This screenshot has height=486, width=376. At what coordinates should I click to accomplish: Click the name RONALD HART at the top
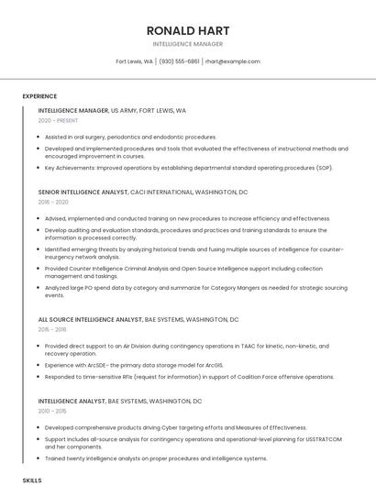point(187,30)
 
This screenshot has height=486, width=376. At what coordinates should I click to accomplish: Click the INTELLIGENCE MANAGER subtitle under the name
point(187,44)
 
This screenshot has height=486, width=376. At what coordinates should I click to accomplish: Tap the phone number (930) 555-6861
point(179,61)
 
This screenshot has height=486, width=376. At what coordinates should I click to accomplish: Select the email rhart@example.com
point(232,61)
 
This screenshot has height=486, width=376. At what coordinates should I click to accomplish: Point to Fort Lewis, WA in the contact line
point(134,61)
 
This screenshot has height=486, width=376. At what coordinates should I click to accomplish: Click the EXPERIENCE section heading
point(39,96)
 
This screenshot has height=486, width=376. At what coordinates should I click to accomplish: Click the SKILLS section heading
point(32,480)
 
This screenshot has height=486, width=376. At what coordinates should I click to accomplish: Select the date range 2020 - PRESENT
point(58,120)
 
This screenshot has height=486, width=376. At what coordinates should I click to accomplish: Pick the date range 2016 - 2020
point(53,202)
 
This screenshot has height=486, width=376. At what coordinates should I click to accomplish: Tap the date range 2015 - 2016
point(52,329)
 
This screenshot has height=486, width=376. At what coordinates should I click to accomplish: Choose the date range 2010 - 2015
point(52,411)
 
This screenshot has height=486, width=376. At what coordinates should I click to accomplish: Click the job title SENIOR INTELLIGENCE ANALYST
point(77,193)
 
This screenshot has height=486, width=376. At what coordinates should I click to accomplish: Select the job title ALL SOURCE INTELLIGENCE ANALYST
point(90,320)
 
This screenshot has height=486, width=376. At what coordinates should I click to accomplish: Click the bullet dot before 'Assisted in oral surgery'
point(39,137)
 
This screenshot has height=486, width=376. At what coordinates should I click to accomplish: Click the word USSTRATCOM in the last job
point(324,439)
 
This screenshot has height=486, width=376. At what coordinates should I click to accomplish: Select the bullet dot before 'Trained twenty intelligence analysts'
point(39,458)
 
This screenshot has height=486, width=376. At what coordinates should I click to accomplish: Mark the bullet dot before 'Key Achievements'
point(39,168)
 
